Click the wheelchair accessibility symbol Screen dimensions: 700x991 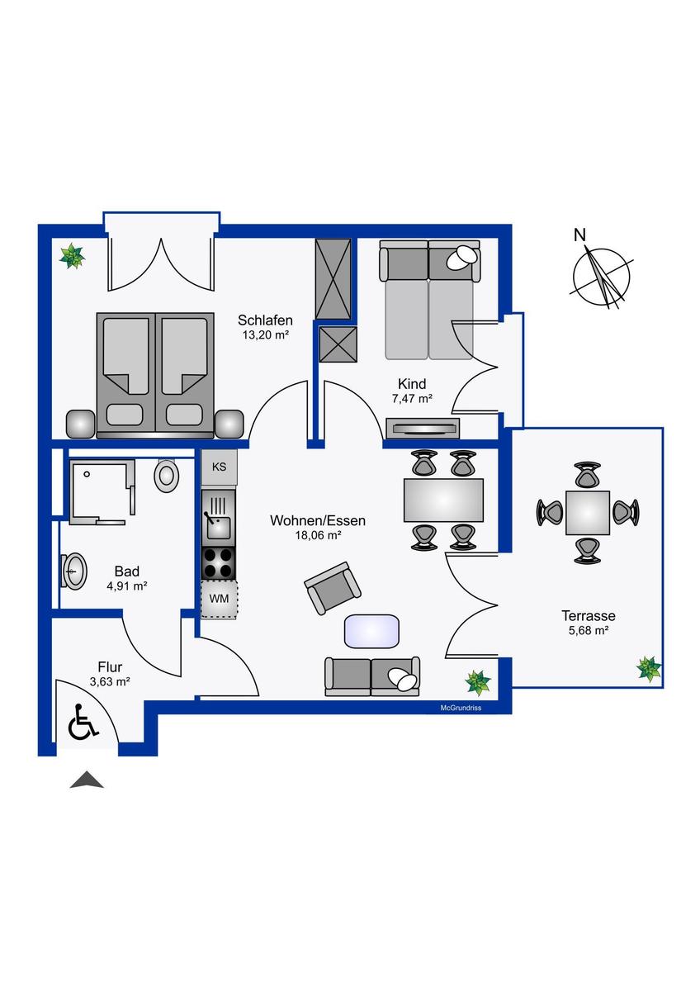83,728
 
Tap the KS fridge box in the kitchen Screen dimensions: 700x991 220,467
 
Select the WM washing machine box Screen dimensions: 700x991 220,599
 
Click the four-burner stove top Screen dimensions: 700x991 219,562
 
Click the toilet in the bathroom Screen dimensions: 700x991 166,476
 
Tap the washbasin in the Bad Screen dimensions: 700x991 73,571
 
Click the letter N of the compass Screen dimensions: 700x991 579,235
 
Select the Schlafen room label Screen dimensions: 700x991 265,320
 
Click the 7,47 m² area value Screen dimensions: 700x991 412,399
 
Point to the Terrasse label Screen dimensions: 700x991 588,615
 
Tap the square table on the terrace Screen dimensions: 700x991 588,513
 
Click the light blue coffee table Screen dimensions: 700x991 371,631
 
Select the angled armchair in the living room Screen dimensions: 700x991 333,588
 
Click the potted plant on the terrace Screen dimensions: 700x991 648,669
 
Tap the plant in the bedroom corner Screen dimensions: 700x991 72,256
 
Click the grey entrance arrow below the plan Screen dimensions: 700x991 87,780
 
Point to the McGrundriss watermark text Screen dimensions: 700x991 461,708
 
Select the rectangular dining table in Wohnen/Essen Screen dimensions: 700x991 443,500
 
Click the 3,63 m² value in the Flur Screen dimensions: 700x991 110,682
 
